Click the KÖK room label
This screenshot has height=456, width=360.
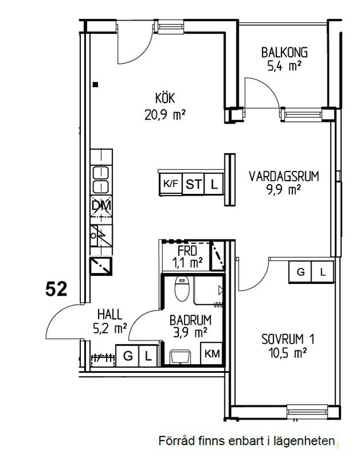[x=165, y=98]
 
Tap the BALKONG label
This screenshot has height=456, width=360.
[x=284, y=52]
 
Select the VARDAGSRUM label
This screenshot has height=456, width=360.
[x=284, y=177]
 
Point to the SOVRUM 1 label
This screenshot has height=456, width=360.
[x=288, y=339]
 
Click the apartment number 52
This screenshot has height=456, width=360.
[x=56, y=290]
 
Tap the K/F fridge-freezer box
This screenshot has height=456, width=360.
[x=171, y=184]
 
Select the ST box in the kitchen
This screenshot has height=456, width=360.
[x=194, y=184]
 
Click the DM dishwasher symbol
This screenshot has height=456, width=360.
[x=101, y=206]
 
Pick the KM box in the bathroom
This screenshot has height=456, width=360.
[x=212, y=353]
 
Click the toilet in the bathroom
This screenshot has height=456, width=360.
[x=182, y=288]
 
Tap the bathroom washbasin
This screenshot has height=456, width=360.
[x=181, y=357]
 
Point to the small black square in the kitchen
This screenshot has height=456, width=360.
[x=95, y=84]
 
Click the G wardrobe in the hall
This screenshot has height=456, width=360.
[x=128, y=356]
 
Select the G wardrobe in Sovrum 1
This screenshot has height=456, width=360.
[x=300, y=272]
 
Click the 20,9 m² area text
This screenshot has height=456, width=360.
[x=165, y=115]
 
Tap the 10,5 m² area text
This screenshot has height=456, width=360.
[x=288, y=353]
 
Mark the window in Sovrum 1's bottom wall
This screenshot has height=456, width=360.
[x=307, y=412]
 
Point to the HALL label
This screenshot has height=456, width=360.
[x=110, y=315]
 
